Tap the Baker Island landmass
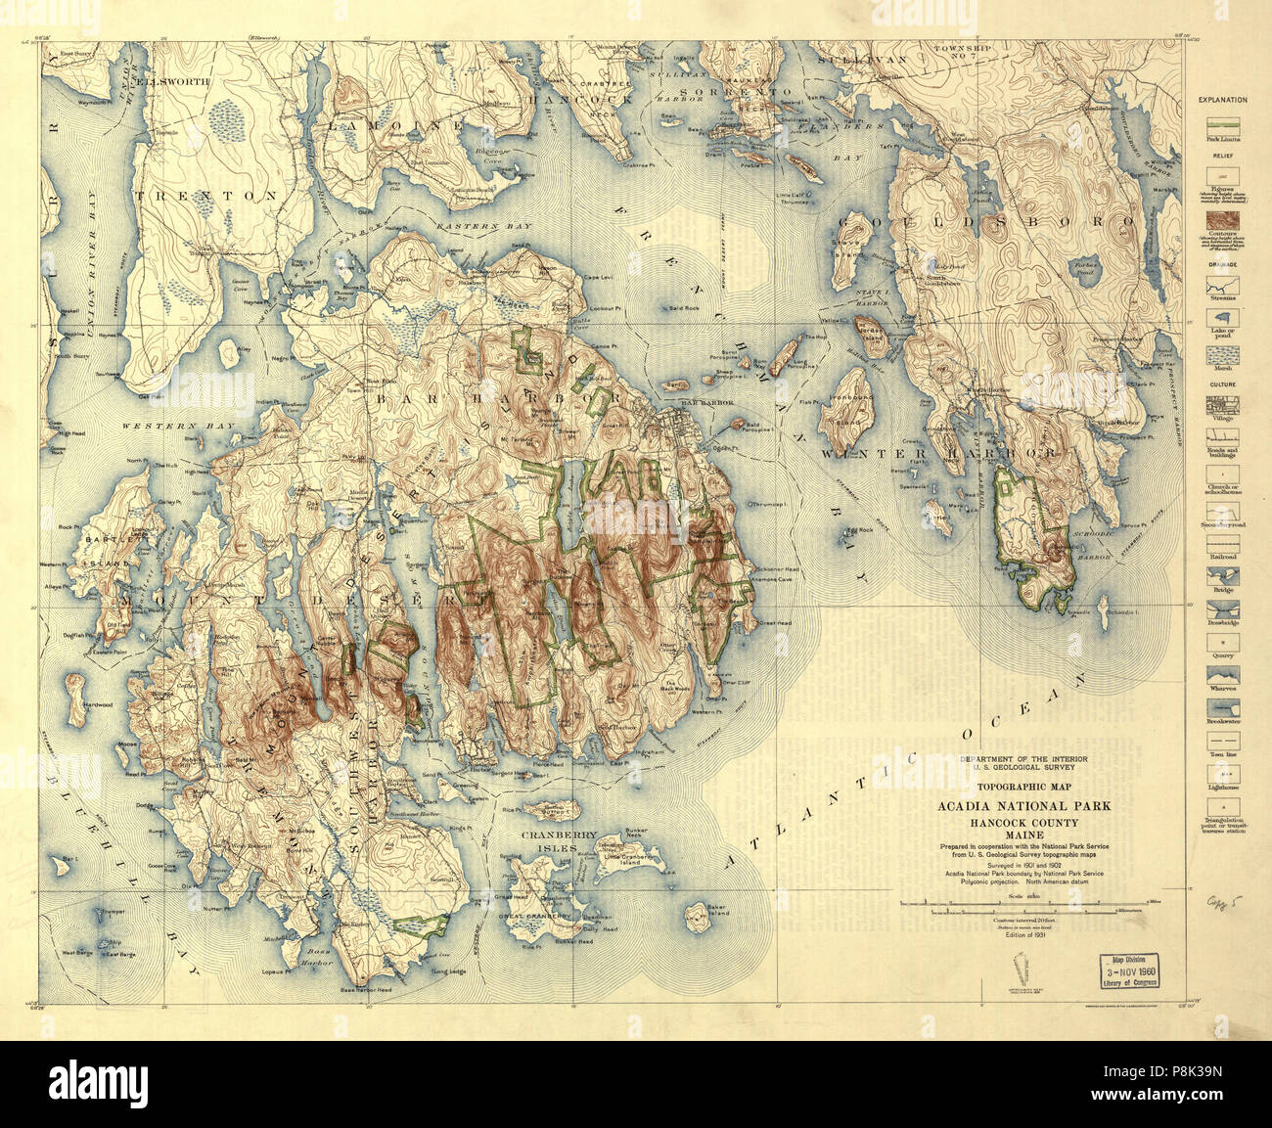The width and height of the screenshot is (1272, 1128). coord(697,916)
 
